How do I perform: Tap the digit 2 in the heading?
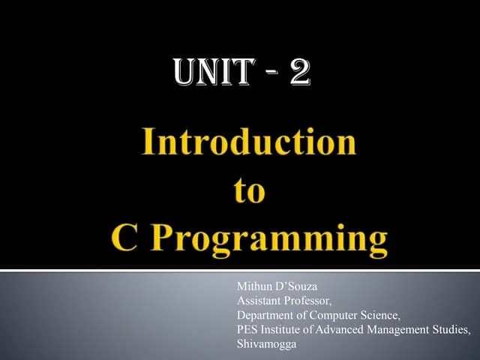pos(298,75)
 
